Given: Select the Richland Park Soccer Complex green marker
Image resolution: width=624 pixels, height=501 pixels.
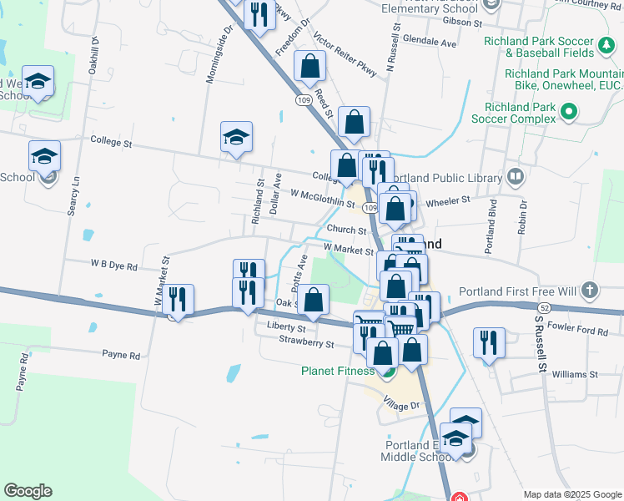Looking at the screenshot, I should (570, 111).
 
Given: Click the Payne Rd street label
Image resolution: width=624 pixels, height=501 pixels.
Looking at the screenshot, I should (123, 356).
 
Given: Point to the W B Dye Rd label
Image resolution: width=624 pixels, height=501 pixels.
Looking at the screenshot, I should (113, 266).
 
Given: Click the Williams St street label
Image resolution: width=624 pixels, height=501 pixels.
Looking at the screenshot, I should (575, 375).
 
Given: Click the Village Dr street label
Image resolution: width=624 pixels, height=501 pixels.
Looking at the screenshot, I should (400, 405).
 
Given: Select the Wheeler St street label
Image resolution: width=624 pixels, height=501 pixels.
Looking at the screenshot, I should (448, 201).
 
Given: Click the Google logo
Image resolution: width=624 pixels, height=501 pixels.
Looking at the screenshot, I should (28, 491).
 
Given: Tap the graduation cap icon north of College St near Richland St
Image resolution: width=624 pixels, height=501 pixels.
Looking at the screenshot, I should (237, 138).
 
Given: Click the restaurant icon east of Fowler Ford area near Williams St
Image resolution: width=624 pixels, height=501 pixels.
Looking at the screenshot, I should (489, 343).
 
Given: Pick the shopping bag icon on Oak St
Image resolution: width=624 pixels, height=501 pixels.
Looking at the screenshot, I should (313, 301).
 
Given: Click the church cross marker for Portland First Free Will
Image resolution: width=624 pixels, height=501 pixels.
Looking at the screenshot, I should (590, 291).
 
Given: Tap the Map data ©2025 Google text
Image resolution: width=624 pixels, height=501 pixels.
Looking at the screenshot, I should (571, 493).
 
